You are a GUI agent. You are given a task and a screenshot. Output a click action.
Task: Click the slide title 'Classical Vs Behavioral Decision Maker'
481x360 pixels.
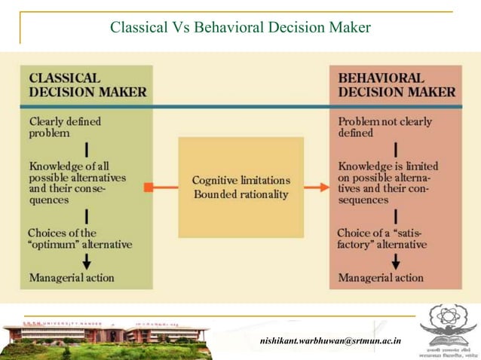[240, 28]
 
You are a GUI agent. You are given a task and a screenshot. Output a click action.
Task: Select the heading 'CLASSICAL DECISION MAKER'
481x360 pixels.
[87, 85]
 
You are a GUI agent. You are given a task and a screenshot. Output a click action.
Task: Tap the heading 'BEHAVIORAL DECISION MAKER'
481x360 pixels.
[397, 85]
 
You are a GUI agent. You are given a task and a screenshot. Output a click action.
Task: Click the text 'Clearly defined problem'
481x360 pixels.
[65, 127]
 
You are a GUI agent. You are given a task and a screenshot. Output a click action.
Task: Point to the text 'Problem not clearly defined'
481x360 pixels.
[377, 127]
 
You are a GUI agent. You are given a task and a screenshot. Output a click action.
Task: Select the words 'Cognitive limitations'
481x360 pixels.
[240, 181]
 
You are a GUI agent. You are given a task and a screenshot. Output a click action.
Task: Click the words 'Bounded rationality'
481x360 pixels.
[240, 194]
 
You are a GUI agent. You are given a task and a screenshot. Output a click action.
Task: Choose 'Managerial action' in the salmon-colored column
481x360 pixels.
[381, 278]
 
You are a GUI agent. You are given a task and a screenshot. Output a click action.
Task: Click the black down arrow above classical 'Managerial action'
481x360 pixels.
[87, 261]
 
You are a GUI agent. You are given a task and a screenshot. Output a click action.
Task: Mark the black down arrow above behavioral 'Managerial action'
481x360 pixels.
[396, 261]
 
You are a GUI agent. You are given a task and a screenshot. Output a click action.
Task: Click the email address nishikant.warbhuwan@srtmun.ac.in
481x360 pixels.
[330, 341]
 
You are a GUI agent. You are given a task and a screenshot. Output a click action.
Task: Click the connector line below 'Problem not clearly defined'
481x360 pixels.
[396, 148]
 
